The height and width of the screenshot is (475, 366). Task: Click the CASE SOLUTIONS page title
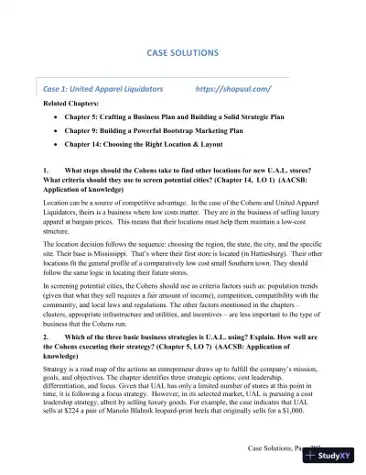click(183, 54)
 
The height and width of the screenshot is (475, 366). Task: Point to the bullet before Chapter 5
click(58, 117)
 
